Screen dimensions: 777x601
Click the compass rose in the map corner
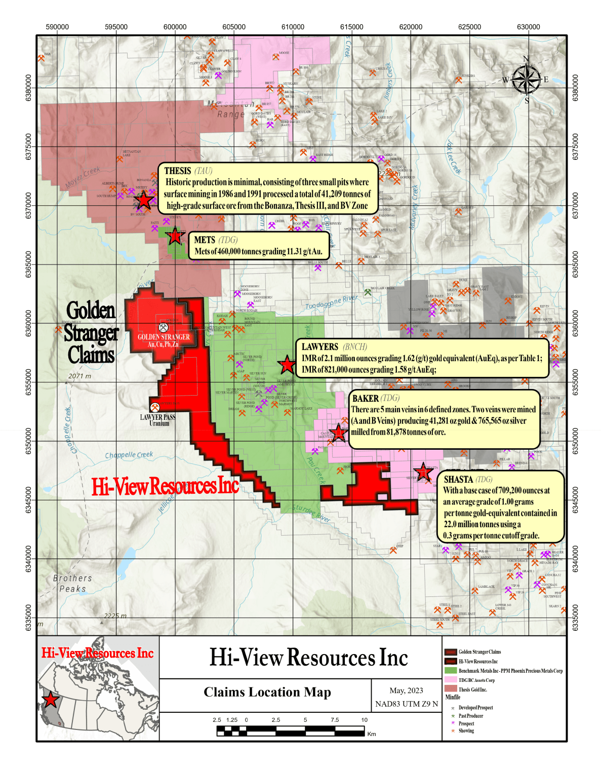click(527, 79)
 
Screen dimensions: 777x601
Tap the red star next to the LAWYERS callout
click(287, 364)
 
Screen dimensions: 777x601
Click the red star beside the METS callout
click(175, 236)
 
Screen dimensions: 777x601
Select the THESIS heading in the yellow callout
click(178, 171)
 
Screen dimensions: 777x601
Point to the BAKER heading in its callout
click(365, 399)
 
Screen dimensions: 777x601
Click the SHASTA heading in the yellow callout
click(458, 479)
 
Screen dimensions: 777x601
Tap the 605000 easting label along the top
click(234, 27)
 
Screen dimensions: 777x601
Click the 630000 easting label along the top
click(528, 27)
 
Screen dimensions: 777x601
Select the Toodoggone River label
click(331, 302)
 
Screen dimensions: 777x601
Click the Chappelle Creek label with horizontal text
click(129, 455)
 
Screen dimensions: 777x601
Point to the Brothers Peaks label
click(72, 583)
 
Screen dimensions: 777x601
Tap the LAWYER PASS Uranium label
click(158, 420)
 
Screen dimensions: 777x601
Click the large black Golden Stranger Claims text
click(91, 332)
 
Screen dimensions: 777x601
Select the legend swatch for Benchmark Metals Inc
click(451, 671)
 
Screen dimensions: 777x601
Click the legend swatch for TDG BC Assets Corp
click(451, 680)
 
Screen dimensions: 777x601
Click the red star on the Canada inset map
click(51, 700)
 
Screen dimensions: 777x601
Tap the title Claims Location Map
click(267, 692)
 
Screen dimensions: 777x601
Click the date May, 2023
click(406, 690)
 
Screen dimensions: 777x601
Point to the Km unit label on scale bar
click(372, 734)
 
